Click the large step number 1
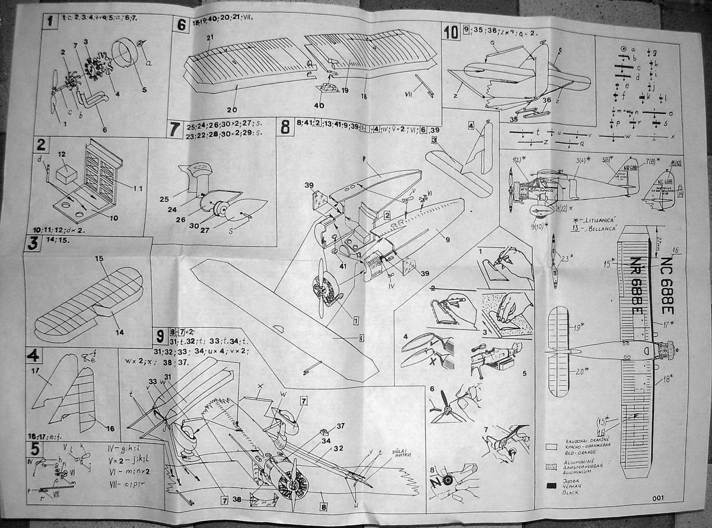click(x=52, y=22)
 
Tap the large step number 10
click(x=451, y=31)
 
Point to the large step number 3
click(x=32, y=244)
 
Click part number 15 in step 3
click(x=98, y=259)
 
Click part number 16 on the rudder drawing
click(x=110, y=428)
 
